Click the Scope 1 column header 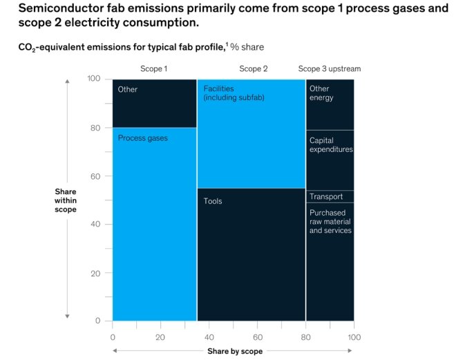coord(153,69)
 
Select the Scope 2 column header coord(254,69)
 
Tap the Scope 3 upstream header coord(330,69)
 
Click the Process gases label coord(143,138)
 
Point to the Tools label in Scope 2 coord(213,201)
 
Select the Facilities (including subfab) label coord(234,93)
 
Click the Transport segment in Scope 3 coord(326,197)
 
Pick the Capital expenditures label coord(331,145)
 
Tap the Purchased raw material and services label coord(330,222)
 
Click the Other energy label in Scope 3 coord(321,93)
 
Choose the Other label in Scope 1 coord(128,89)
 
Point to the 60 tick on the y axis coord(96,176)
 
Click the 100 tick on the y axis coord(95,79)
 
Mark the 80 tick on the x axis coord(305,337)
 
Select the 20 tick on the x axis coord(160,337)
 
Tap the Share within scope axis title coord(66,200)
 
